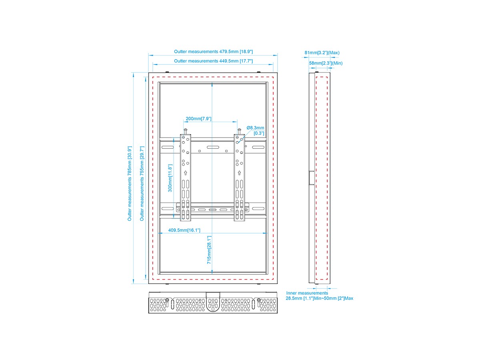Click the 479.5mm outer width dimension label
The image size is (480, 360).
tap(213, 52)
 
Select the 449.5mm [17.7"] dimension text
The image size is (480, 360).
tap(213, 61)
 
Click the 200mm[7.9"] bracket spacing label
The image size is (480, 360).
tap(198, 119)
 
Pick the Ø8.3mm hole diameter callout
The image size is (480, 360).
tap(256, 128)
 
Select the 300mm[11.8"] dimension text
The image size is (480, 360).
tap(170, 178)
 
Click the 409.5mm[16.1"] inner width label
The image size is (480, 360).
tap(184, 230)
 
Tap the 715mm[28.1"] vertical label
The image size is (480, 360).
tap(209, 250)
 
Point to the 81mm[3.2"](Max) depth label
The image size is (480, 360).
tap(322, 52)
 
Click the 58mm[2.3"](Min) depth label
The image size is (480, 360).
tap(326, 63)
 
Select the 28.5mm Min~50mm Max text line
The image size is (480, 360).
tap(319, 298)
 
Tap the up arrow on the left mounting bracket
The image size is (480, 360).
tap(185, 173)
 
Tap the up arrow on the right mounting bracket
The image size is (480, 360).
tap(239, 173)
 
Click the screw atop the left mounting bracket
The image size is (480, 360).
tap(185, 130)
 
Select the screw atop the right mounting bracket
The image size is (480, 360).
tap(239, 130)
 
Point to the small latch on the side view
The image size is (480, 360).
tap(311, 178)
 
